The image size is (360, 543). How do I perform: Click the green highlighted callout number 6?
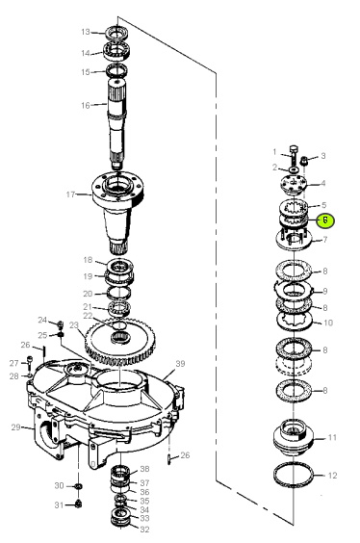click(x=325, y=220)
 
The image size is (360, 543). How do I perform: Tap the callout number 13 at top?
click(x=86, y=32)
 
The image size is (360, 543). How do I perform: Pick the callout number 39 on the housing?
click(x=180, y=364)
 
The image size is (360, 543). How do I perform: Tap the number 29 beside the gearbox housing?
click(x=16, y=427)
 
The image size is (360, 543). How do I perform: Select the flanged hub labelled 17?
click(x=117, y=208)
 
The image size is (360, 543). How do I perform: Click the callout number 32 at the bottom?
click(x=144, y=530)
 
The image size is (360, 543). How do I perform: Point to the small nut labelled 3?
click(x=304, y=161)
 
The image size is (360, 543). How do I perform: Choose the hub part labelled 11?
click(x=294, y=437)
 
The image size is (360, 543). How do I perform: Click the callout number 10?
click(x=328, y=323)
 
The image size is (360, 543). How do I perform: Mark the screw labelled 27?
click(x=30, y=362)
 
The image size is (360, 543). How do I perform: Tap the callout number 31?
click(x=59, y=505)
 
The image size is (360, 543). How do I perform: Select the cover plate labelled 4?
click(x=294, y=183)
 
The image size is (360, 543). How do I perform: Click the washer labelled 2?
click(x=294, y=169)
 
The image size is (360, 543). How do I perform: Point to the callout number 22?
click(x=88, y=316)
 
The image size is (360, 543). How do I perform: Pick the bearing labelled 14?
click(x=116, y=50)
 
